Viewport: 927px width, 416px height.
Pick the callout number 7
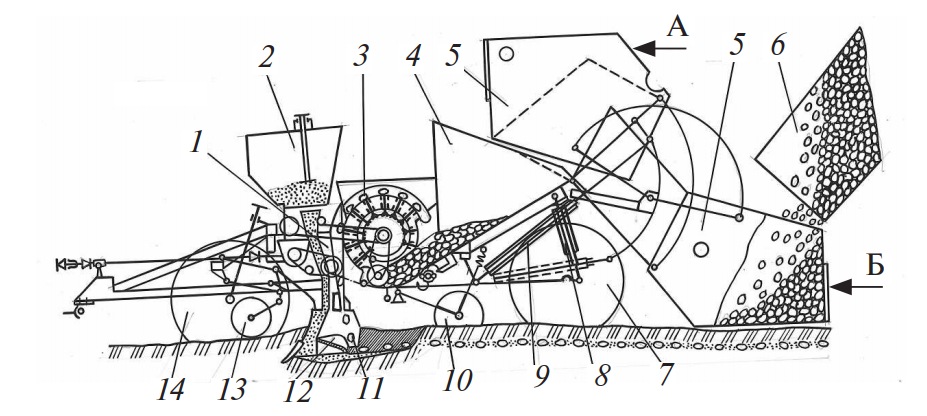click(660, 376)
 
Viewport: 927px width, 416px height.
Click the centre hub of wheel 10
click(459, 316)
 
